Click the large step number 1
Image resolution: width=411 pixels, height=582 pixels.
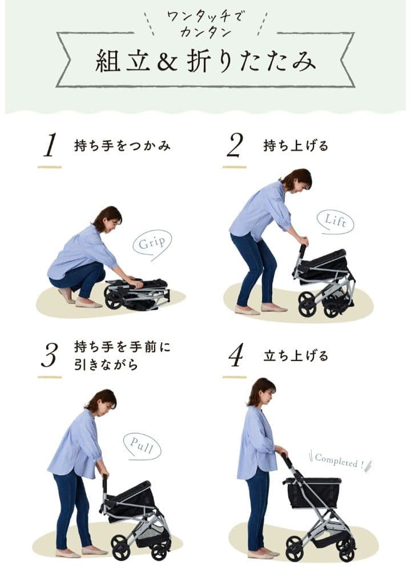pos(50,146)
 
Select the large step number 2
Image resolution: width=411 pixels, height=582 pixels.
pos(235,146)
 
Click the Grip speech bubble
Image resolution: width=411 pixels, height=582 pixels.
pos(152,243)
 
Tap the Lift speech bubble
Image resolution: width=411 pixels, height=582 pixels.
pos(335,222)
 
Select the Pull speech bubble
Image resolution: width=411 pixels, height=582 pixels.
pos(142,445)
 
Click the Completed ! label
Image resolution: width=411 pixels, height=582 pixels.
pos(339,461)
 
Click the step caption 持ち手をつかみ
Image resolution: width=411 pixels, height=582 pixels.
pos(122,146)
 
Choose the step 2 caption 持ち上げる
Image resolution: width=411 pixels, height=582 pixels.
pos(296,146)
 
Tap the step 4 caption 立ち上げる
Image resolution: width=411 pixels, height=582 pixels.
pos(296,356)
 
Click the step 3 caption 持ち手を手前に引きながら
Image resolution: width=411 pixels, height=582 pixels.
pos(122,355)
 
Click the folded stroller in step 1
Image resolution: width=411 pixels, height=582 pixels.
pos(137,292)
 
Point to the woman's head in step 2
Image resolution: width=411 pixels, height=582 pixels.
pos(297,180)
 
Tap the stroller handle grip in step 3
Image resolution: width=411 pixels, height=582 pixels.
pos(104,484)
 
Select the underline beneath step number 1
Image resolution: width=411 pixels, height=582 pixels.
pos(50,167)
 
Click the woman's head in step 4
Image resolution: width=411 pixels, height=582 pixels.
pos(261,391)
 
